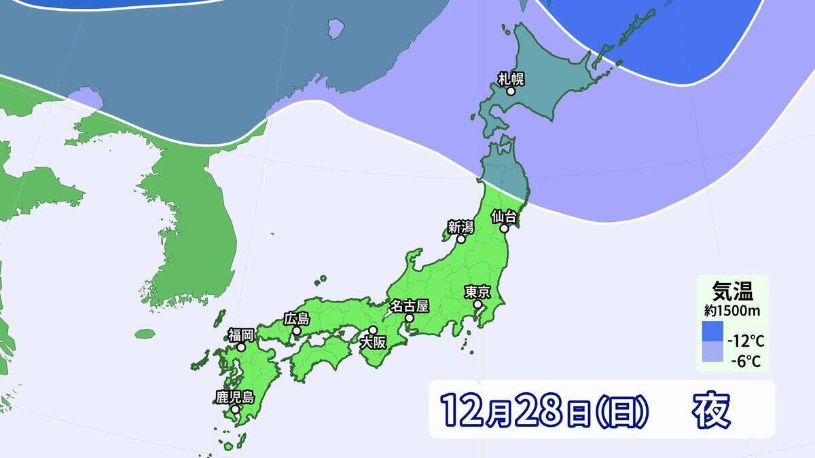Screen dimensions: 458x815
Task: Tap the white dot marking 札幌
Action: (x=511, y=90)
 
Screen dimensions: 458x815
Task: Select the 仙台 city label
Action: (x=505, y=216)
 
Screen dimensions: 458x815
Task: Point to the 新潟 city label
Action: (x=460, y=227)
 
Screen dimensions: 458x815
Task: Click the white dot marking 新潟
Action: (x=460, y=239)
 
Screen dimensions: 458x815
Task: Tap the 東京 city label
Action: (x=477, y=292)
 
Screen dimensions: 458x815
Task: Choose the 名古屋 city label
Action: (x=410, y=305)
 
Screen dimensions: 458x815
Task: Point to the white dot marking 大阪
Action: (x=372, y=330)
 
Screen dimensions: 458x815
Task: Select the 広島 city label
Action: (x=297, y=318)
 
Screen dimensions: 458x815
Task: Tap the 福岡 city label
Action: (x=240, y=335)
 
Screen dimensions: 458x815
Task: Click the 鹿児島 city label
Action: (x=234, y=397)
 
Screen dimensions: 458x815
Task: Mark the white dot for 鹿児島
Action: (x=234, y=409)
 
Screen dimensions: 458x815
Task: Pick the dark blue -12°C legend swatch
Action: (x=712, y=332)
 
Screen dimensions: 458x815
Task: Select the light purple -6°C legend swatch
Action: (x=712, y=353)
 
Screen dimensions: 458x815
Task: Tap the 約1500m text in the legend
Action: (x=732, y=311)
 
